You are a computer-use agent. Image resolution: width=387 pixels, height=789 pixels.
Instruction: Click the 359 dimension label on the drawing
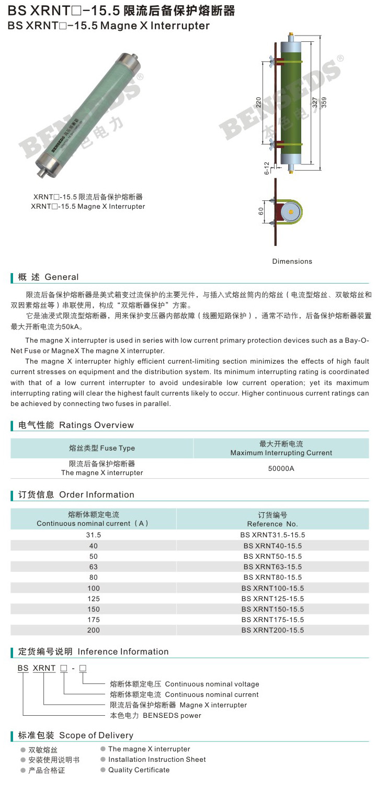click(324, 102)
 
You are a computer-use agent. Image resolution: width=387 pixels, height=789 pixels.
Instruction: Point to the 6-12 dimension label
click(267, 168)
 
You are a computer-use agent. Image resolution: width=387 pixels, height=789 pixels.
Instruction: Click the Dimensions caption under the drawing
click(292, 261)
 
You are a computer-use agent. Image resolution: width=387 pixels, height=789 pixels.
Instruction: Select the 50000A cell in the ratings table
click(281, 468)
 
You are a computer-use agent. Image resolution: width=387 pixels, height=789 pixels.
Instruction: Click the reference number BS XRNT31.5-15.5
click(272, 535)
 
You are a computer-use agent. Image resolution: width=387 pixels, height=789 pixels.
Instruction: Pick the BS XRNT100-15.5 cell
click(272, 588)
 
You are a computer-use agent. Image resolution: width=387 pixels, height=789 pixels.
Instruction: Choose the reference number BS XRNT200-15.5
click(272, 630)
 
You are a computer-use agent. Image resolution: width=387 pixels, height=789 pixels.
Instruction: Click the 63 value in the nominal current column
click(94, 567)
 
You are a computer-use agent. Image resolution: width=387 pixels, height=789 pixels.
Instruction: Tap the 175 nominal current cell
click(94, 619)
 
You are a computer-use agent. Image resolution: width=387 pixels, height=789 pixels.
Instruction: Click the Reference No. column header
click(272, 524)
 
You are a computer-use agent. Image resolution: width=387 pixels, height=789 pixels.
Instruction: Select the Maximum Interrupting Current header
click(281, 453)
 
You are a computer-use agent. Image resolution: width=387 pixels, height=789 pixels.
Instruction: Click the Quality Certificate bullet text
click(139, 770)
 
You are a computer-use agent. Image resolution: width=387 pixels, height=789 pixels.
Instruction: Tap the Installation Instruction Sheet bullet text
click(157, 759)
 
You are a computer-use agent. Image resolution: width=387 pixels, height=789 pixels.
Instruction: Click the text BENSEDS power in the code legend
click(172, 715)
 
